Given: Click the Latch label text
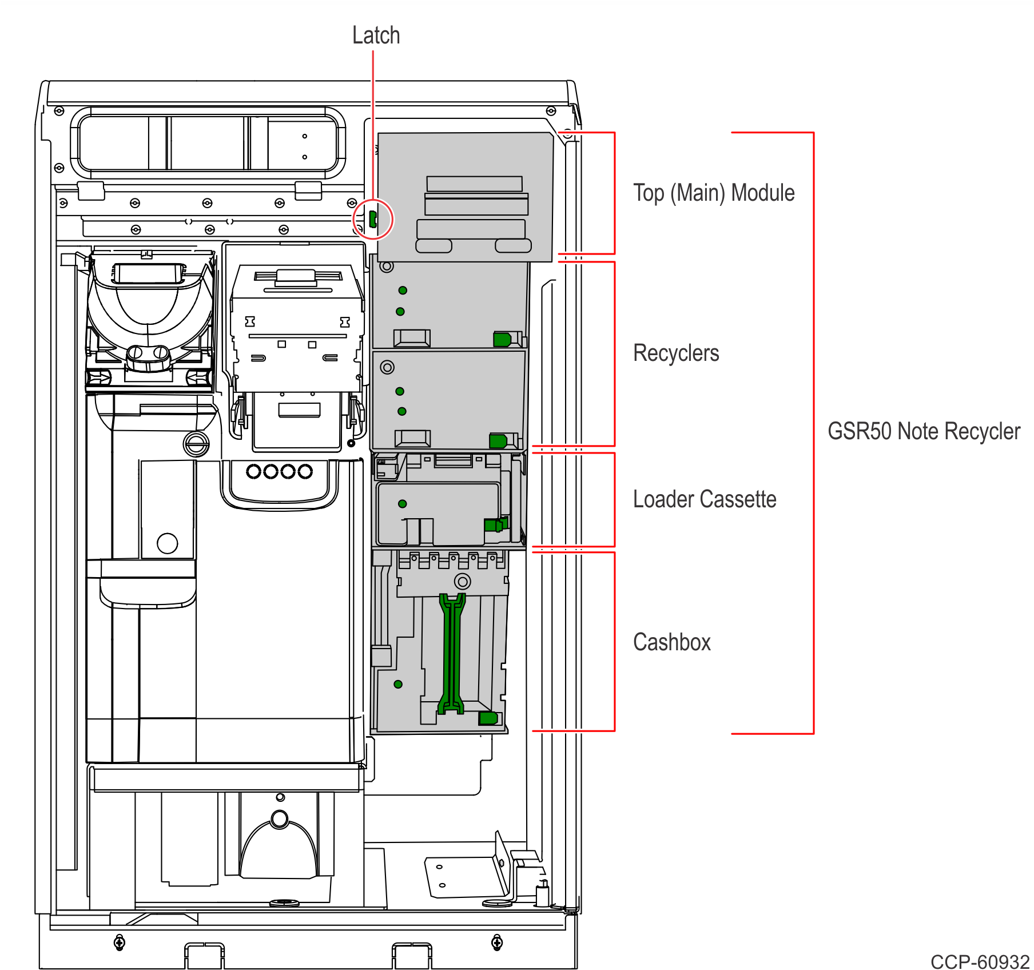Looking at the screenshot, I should (376, 35).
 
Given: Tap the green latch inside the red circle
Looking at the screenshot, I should (373, 218).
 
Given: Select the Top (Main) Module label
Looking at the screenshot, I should (714, 193).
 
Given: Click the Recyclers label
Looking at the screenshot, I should (676, 353).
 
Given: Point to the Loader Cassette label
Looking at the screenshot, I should (705, 499).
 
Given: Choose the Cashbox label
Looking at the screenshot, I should (672, 642).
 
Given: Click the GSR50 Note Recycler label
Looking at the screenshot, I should (924, 431).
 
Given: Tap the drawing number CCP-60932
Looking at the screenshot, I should (980, 961).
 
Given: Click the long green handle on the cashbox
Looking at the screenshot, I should (451, 652).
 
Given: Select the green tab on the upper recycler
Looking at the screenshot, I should (502, 340).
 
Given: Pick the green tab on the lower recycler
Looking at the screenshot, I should (498, 441).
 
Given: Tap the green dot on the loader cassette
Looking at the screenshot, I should (403, 504).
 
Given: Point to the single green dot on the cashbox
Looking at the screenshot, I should (399, 684).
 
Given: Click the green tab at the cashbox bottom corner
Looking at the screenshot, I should (488, 718).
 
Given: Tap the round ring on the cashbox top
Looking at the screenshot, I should (462, 582).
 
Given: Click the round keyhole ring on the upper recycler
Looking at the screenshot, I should (387, 266).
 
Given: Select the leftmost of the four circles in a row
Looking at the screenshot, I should (254, 471).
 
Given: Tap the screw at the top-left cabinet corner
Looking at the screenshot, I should (59, 111).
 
